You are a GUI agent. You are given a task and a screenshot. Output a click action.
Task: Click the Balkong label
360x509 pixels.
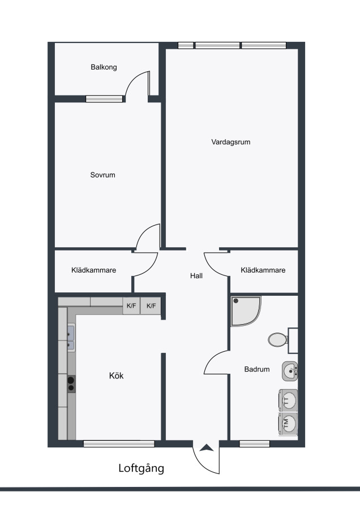pos(104,67)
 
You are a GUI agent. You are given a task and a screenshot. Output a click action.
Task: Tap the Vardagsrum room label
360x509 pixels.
pos(231,142)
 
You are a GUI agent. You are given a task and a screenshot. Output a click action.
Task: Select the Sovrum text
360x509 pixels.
pos(102,175)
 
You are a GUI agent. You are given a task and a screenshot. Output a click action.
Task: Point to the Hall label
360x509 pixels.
pos(196,275)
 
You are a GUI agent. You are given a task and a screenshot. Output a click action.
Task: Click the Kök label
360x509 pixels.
pos(116,376)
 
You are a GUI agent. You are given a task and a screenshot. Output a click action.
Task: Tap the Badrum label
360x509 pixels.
pos(257,369)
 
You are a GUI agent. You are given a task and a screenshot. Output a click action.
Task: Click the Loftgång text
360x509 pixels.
pos(141,468)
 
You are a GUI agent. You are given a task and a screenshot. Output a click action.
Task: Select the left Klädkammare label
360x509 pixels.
pos(93,270)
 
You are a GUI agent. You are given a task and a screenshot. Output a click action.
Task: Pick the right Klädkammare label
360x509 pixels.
pos(263,270)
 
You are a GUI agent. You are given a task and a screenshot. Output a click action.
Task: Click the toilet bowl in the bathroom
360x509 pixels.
pos(278,340)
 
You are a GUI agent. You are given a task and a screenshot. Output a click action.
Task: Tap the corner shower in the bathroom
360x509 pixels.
pos(245,311)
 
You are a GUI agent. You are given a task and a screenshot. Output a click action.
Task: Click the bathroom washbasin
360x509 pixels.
pos(290,371)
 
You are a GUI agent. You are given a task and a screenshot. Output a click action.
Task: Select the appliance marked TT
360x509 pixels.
pos(288,400)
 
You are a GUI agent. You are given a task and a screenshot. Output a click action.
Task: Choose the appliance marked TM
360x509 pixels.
pos(288,423)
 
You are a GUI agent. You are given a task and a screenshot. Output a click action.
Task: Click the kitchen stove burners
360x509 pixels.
pos(71,384)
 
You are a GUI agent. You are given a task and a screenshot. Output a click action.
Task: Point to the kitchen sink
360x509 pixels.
pos(71,337)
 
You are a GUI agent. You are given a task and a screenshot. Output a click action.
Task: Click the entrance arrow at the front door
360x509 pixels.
pos(206,448)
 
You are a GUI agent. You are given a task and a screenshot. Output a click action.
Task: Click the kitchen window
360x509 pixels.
pos(119,443)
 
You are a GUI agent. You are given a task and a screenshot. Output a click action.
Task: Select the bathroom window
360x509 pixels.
pos(254,443)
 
